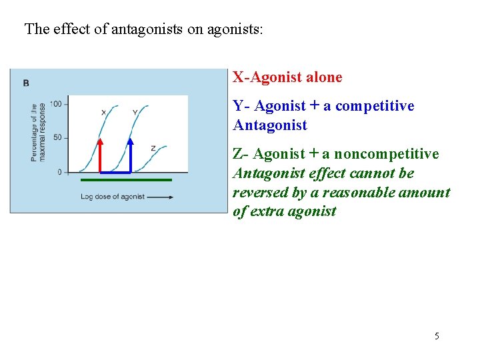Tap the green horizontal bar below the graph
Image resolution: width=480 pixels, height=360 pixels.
click(126, 180)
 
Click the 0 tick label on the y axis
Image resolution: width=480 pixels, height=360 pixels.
click(59, 172)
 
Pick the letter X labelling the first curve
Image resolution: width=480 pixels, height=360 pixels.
click(103, 112)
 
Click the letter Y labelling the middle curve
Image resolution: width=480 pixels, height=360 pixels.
click(135, 112)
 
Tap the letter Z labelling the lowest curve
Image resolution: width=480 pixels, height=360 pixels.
click(153, 148)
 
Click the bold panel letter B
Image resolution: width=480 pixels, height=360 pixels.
click(26, 83)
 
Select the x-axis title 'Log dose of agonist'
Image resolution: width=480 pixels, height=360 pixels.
click(112, 197)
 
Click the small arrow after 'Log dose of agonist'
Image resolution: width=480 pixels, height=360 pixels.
click(161, 197)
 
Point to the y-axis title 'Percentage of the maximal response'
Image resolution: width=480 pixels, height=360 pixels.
click(38, 132)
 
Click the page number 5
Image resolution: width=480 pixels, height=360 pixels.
click(437, 336)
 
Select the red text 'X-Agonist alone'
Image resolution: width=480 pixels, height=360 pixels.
click(287, 77)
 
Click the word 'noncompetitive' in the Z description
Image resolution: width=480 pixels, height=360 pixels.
click(386, 154)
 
